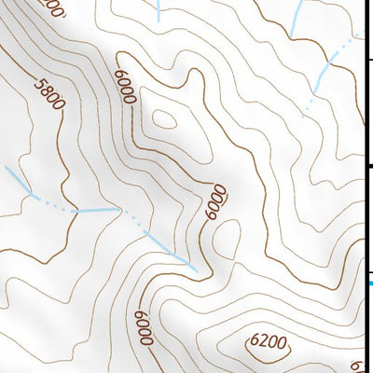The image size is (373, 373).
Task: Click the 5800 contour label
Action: click(x=48, y=94)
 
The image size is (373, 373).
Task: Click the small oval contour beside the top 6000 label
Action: click(x=166, y=118)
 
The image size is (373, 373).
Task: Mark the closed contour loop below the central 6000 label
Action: click(x=225, y=241)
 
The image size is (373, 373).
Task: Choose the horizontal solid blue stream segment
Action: click(x=97, y=211)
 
